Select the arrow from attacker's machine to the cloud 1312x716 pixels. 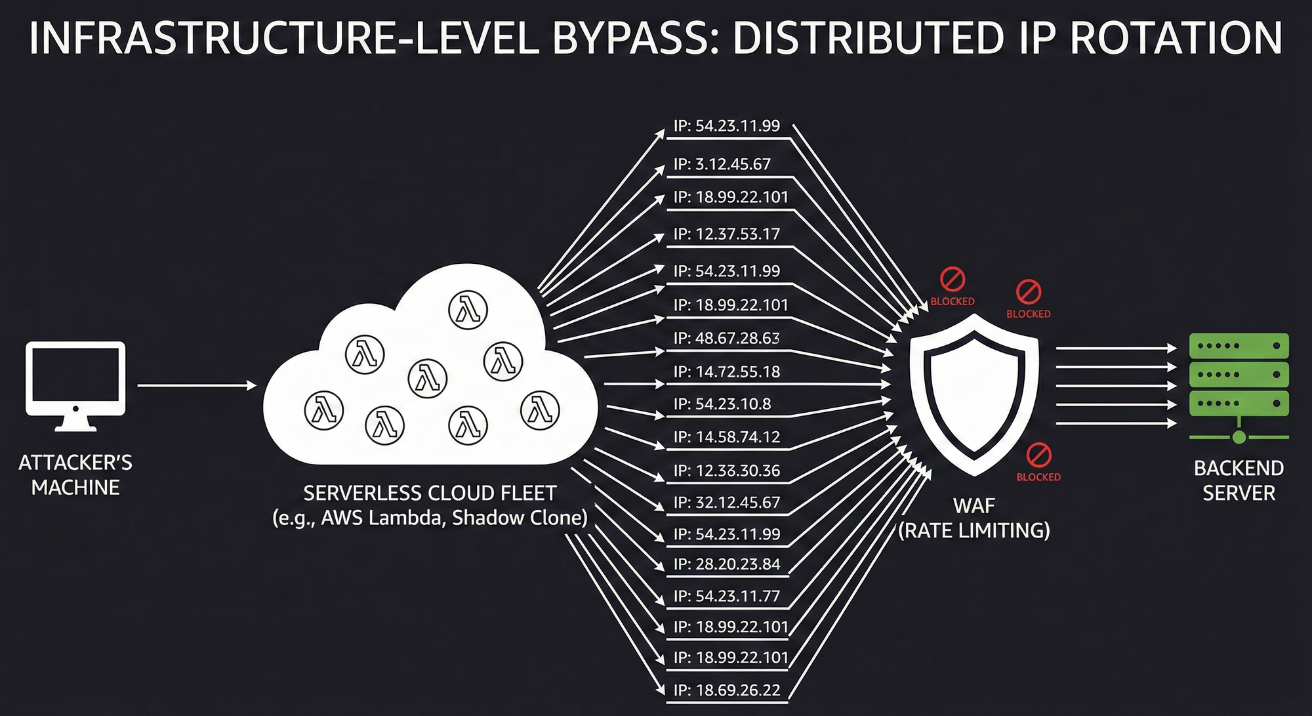click(197, 386)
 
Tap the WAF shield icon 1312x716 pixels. click(974, 394)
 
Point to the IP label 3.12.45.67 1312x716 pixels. click(722, 164)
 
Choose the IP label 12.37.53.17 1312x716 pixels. click(727, 234)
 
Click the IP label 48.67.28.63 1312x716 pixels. click(727, 339)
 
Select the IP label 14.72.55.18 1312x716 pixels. click(727, 372)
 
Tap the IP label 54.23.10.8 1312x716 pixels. click(722, 404)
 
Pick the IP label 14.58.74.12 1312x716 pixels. click(727, 437)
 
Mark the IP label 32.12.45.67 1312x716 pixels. click(727, 503)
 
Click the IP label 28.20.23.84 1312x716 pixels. click(727, 564)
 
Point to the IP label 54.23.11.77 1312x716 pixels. click(727, 597)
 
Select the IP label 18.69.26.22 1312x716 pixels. click(727, 690)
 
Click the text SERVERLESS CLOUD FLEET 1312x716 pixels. click(430, 493)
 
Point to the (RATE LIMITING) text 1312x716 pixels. click(974, 530)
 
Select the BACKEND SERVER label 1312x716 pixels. click(1239, 480)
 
